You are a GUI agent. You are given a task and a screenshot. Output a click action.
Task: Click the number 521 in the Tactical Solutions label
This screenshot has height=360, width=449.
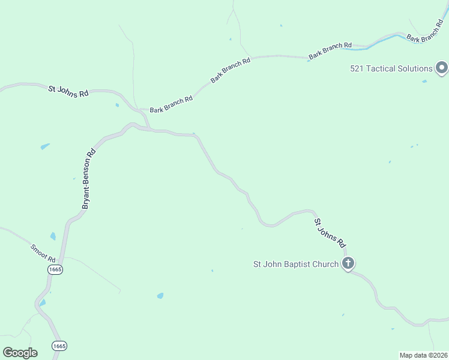(x=358, y=68)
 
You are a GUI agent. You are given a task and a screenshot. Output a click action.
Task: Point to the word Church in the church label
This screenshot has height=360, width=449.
(x=325, y=264)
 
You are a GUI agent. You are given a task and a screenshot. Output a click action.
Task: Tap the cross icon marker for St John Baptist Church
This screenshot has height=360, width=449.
(x=348, y=263)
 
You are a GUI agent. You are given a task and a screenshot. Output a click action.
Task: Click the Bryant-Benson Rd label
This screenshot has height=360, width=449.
(x=89, y=179)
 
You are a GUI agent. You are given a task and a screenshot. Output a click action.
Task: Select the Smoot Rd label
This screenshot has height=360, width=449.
(x=43, y=253)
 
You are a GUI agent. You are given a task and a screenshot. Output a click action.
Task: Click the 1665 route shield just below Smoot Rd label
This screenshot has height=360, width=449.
(x=55, y=270)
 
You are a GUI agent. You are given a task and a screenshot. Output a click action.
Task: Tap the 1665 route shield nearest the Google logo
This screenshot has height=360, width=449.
(x=59, y=346)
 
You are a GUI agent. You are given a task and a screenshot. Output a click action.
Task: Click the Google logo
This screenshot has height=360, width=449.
(x=20, y=353)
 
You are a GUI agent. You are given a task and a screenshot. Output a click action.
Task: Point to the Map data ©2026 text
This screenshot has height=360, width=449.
(x=423, y=355)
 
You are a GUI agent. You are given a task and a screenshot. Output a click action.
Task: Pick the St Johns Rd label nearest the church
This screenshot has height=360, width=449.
(x=331, y=233)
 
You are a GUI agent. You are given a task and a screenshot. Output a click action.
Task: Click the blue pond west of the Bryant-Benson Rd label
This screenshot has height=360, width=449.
(x=45, y=146)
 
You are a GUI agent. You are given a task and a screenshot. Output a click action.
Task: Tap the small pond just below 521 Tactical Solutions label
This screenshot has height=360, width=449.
(x=424, y=81)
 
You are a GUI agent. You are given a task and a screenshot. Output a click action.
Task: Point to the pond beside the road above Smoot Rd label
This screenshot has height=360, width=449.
(x=53, y=236)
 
